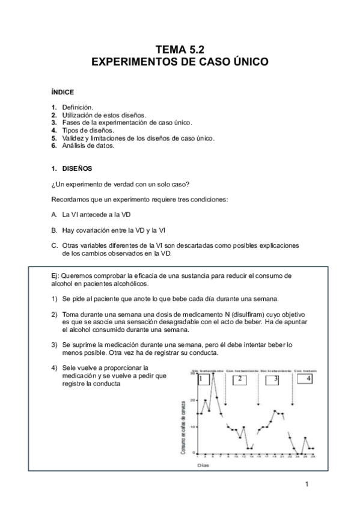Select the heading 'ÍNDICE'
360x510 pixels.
63,93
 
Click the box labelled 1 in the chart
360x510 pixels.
203,379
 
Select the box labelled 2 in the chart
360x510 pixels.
239,379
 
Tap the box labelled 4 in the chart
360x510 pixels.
308,379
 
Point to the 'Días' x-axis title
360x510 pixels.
203,464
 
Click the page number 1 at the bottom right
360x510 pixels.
307,484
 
